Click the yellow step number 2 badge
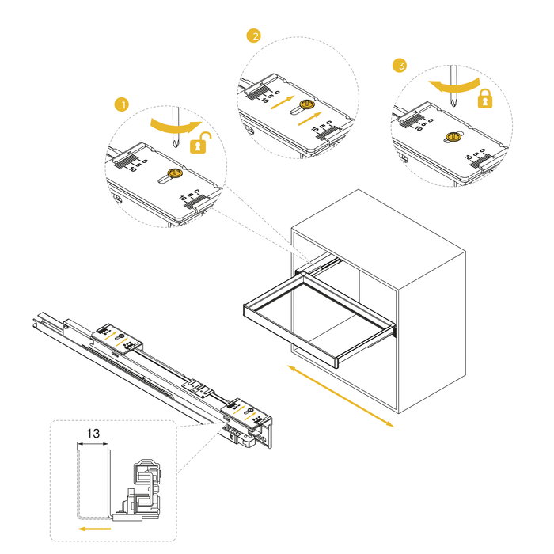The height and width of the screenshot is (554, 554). click(x=253, y=36)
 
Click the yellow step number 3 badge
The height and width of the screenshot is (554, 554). click(x=400, y=66)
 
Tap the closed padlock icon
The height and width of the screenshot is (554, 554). click(x=484, y=98)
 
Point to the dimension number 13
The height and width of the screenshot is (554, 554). click(x=93, y=434)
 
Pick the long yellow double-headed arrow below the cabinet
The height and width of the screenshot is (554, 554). click(x=340, y=397)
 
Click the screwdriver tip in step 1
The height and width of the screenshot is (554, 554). click(x=175, y=146)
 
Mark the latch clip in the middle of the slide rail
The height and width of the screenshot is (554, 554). click(x=198, y=389)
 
